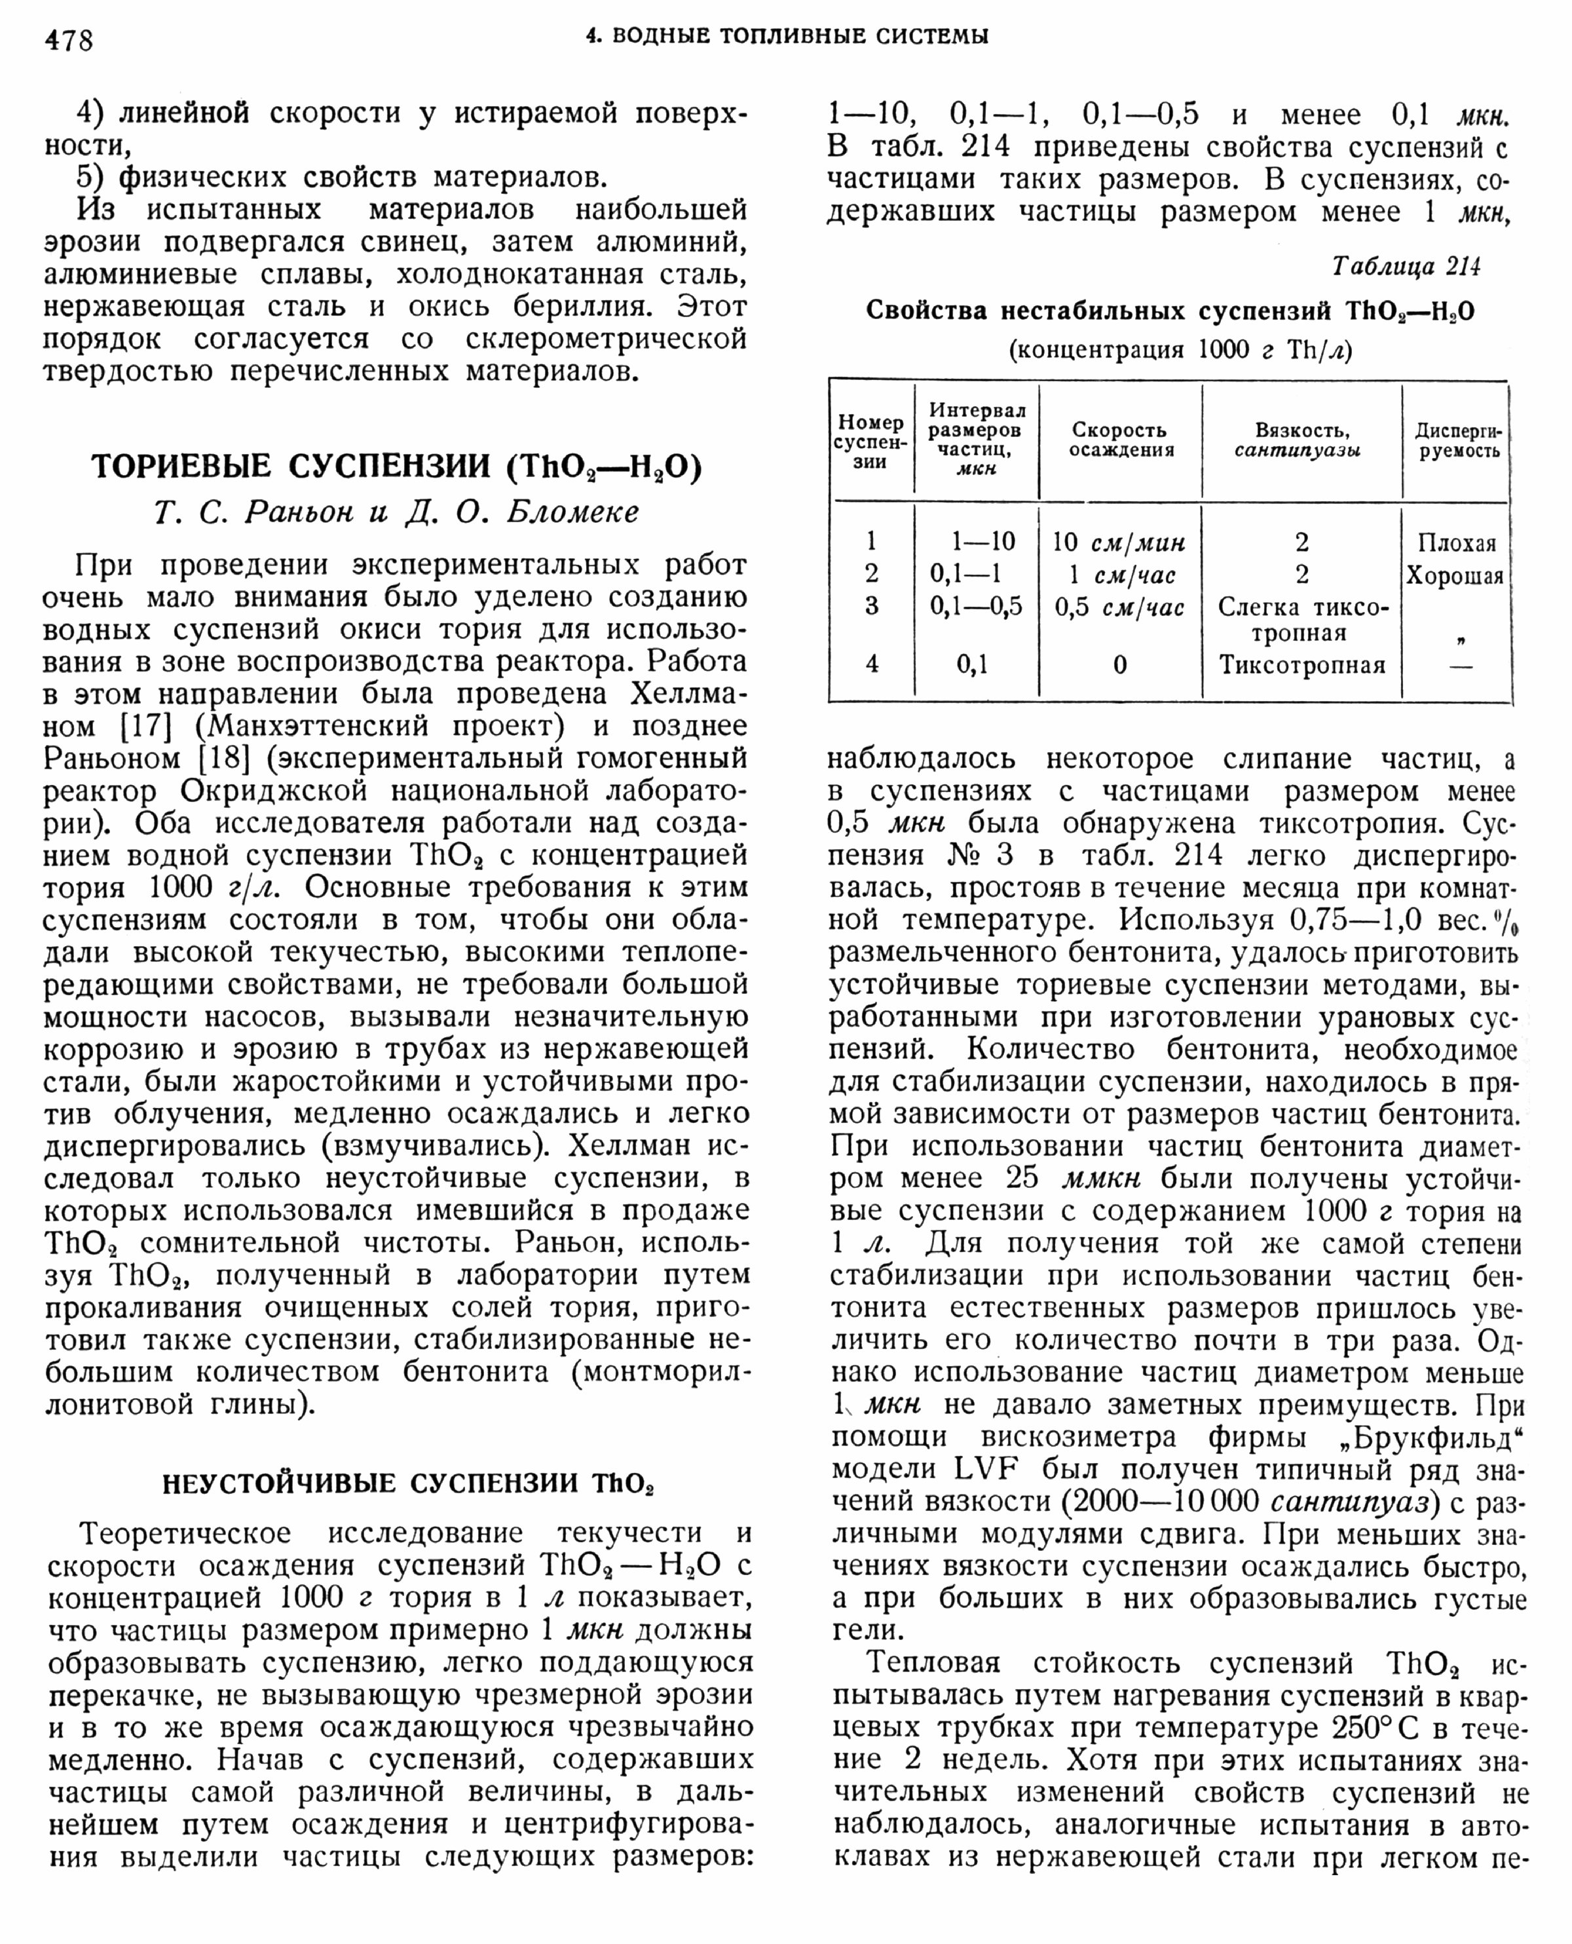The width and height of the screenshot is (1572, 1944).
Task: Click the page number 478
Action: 69,41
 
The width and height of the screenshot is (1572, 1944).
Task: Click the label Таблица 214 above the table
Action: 1406,266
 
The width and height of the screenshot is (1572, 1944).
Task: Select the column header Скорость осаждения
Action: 1120,440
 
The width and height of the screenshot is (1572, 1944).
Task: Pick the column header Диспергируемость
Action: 1458,440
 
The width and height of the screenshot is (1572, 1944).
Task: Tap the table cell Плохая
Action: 1457,544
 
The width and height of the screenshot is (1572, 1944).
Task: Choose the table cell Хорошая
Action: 1454,576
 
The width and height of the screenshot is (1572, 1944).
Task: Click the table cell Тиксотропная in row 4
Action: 1301,666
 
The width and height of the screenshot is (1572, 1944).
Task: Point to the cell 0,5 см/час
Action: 1119,608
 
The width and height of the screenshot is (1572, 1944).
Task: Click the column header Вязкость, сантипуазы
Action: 1301,440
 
